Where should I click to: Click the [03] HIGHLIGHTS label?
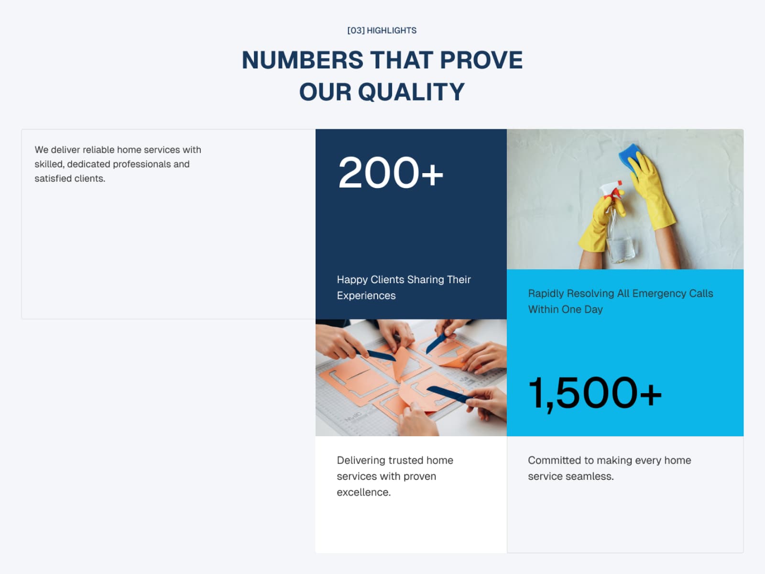(382, 31)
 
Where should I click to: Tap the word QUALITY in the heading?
(411, 92)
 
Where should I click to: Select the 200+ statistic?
(391, 173)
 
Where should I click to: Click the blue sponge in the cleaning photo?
(630, 158)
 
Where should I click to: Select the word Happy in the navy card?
(352, 280)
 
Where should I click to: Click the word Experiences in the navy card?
(366, 296)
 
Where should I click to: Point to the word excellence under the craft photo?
(364, 492)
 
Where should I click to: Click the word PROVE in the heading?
(481, 60)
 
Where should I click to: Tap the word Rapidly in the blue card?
(546, 294)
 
